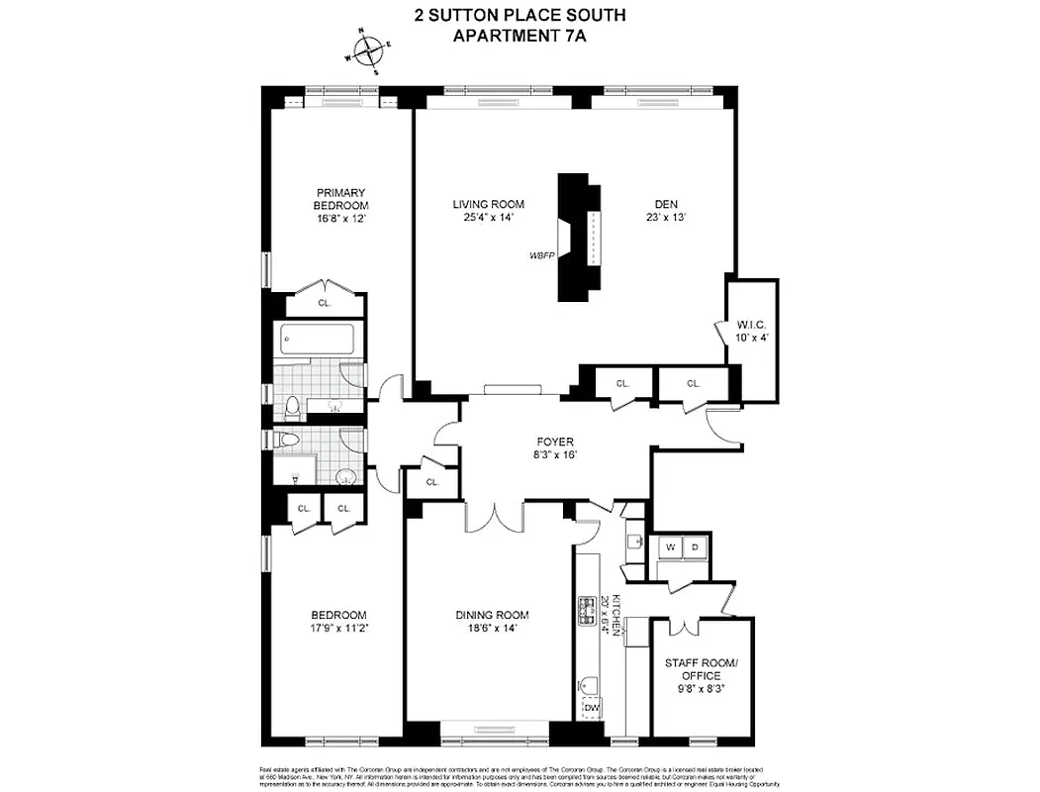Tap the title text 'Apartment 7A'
(519, 38)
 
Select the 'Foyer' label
(554, 442)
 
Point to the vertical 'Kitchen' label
(615, 614)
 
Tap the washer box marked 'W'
(671, 546)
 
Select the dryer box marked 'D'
(694, 546)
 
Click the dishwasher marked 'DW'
(592, 707)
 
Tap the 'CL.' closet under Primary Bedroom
(324, 304)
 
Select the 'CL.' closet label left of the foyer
(432, 482)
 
